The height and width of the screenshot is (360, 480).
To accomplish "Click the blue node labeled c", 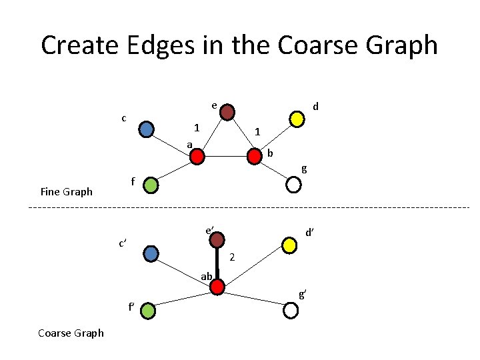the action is click(x=147, y=129).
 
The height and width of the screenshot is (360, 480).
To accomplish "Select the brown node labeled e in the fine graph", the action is click(x=227, y=111).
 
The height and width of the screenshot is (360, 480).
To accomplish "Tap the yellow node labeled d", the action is click(x=297, y=119).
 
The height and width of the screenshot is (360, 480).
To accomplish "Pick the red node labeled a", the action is click(x=197, y=157).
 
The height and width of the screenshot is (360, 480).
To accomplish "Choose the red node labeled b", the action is click(x=255, y=157).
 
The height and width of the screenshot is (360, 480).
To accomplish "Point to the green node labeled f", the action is click(x=152, y=184).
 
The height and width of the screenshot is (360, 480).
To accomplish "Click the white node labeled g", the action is click(x=293, y=185).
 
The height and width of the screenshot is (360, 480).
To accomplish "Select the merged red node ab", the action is click(x=217, y=287).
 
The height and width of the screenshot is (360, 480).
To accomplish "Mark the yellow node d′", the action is click(x=289, y=246).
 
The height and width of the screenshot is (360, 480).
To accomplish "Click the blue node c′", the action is click(x=152, y=253).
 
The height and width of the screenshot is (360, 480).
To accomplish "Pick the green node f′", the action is click(x=148, y=310).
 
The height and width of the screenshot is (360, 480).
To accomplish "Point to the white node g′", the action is click(x=291, y=310).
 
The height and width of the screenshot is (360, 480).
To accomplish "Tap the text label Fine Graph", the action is click(x=67, y=192).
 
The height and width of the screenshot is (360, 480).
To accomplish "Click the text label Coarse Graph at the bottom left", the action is click(x=71, y=333).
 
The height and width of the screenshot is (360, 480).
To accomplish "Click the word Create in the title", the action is click(x=83, y=45).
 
